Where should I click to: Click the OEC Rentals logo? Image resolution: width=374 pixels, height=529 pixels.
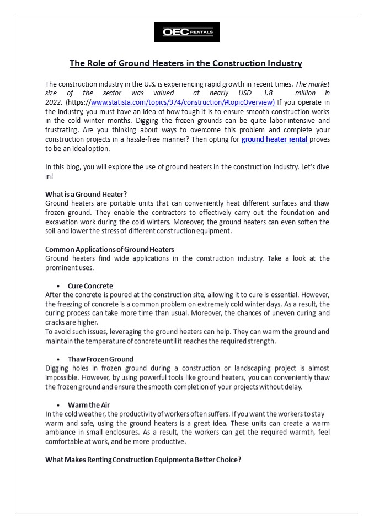(186, 32)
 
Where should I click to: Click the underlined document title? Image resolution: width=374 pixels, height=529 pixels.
(186, 63)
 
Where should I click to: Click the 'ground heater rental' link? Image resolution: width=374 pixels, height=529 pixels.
(275, 139)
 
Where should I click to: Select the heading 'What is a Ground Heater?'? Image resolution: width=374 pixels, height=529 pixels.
(86, 194)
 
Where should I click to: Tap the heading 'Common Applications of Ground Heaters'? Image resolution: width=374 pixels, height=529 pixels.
(109, 249)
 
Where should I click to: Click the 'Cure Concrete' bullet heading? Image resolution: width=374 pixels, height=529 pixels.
(90, 286)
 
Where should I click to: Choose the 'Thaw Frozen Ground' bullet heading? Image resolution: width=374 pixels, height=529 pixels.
(100, 359)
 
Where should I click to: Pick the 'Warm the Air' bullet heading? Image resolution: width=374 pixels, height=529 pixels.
(88, 405)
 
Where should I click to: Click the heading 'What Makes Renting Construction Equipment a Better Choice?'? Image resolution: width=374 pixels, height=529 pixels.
(143, 460)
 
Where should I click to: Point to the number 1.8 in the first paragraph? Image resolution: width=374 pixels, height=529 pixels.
(268, 93)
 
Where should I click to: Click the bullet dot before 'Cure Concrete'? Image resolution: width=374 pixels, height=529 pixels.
(58, 287)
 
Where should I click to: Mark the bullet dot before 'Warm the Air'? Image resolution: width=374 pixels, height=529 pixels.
(58, 406)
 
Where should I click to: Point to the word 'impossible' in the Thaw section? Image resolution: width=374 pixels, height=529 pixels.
(62, 377)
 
